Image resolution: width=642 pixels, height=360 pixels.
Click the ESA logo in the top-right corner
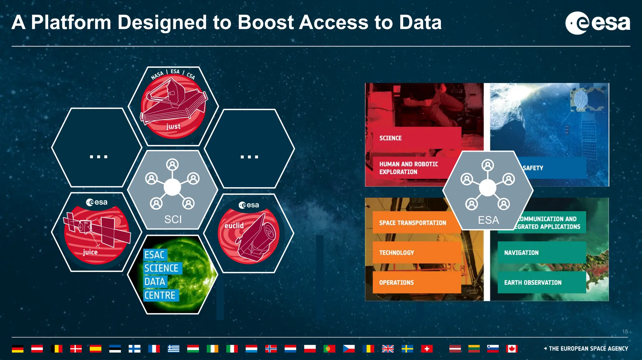[597, 23]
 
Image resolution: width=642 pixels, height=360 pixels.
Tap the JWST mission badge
[173, 106]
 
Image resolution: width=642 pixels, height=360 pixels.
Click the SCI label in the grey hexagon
[173, 220]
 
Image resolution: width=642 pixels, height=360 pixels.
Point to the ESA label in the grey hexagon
[488, 220]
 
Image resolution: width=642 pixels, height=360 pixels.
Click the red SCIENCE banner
[416, 138]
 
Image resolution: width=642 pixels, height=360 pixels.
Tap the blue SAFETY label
[533, 168]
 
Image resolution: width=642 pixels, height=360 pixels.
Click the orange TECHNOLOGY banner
[416, 253]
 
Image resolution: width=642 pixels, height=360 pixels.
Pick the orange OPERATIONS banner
[416, 283]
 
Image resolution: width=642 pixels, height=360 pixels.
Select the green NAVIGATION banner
[541, 253]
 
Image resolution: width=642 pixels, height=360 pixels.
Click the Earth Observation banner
[541, 283]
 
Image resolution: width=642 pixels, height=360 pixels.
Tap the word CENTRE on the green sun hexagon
[160, 295]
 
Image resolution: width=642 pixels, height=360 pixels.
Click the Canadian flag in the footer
[512, 349]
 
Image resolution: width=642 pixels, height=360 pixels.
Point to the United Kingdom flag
[388, 349]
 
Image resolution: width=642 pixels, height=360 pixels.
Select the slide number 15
[625, 331]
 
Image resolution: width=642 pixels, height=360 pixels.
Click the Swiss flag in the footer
[427, 349]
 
